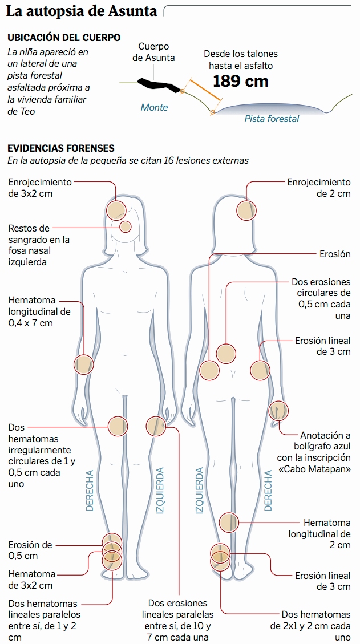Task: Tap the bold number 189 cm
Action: [x=240, y=81]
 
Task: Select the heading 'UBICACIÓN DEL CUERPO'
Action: [x=63, y=38]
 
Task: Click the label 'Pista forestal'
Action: [x=272, y=119]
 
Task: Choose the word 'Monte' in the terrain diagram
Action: [x=154, y=107]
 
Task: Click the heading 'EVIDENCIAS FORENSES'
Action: [x=60, y=148]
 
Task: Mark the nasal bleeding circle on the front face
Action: [x=126, y=227]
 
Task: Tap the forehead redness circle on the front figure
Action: [x=116, y=209]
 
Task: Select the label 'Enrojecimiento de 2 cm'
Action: [x=318, y=188]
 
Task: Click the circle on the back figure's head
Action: [x=246, y=209]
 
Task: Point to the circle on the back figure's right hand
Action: [x=278, y=410]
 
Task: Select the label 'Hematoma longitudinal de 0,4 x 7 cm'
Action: [x=39, y=311]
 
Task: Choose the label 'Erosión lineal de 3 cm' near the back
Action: [x=322, y=346]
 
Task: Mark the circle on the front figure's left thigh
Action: [x=155, y=426]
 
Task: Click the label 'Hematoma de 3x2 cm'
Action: [x=32, y=580]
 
